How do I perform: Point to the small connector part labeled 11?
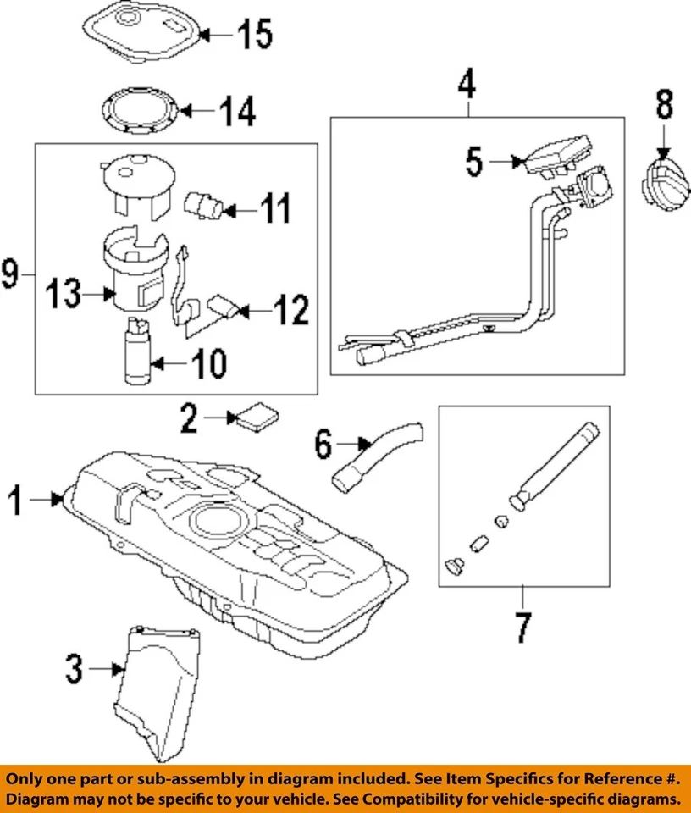click(203, 205)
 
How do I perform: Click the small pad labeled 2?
click(257, 418)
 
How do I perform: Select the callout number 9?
click(10, 274)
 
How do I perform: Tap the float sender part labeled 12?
click(222, 307)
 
